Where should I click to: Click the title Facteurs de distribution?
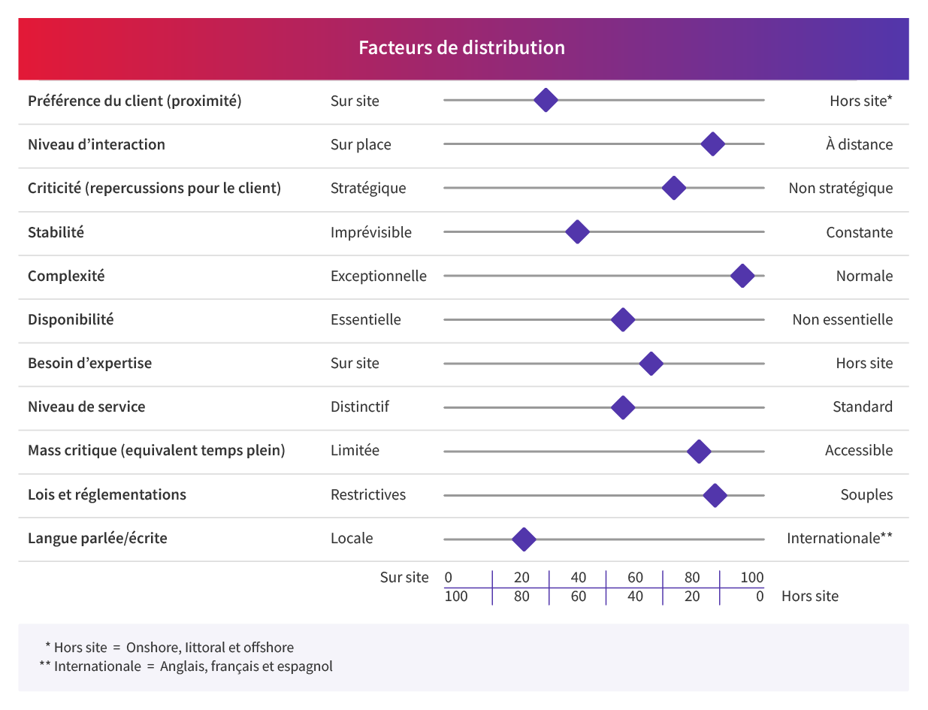click(461, 48)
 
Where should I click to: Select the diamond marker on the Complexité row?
click(742, 276)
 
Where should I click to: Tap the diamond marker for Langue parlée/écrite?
click(524, 539)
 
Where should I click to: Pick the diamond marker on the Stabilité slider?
click(576, 232)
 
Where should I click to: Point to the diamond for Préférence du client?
click(546, 101)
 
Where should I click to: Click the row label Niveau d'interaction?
click(96, 144)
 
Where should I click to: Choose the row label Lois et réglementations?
click(107, 494)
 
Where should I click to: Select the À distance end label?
click(859, 144)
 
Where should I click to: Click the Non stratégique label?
click(840, 188)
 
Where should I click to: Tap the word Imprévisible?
click(371, 232)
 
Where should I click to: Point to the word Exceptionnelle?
click(379, 276)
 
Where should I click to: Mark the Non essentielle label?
click(842, 319)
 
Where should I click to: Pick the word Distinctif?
click(360, 406)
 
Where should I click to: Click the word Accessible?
click(859, 450)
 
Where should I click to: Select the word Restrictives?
click(368, 494)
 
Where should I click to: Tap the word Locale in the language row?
click(352, 538)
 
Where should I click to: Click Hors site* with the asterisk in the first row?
click(860, 101)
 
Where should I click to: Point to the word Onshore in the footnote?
click(150, 647)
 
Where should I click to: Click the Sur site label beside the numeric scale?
click(404, 577)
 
